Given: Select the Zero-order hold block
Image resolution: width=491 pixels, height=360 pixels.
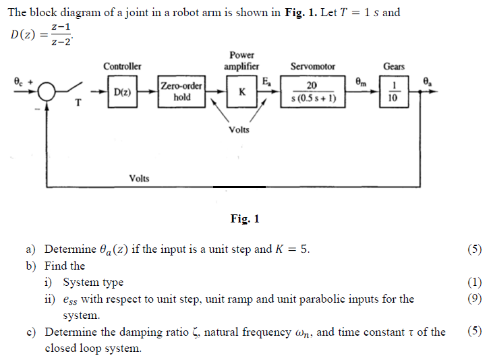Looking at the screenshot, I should [x=182, y=92].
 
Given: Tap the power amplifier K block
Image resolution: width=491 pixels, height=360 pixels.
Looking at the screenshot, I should [x=241, y=91].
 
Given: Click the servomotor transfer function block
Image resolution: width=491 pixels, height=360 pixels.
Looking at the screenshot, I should [x=312, y=91].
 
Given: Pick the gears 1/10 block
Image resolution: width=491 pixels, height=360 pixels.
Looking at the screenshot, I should [x=393, y=92].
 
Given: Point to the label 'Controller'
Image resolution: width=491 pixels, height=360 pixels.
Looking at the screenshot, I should [x=122, y=66].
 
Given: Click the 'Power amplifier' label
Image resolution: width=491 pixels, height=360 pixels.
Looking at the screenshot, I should [x=241, y=61].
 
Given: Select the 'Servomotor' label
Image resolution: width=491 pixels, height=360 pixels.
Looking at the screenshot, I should [x=312, y=66].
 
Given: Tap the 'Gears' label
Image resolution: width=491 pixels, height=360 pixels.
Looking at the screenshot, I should [x=394, y=66].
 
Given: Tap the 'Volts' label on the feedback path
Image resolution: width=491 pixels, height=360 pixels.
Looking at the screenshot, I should [x=140, y=178].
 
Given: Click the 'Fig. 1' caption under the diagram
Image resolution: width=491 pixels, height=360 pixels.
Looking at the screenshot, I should [x=245, y=218].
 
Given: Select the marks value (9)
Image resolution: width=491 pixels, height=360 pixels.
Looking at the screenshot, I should [x=475, y=299].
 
